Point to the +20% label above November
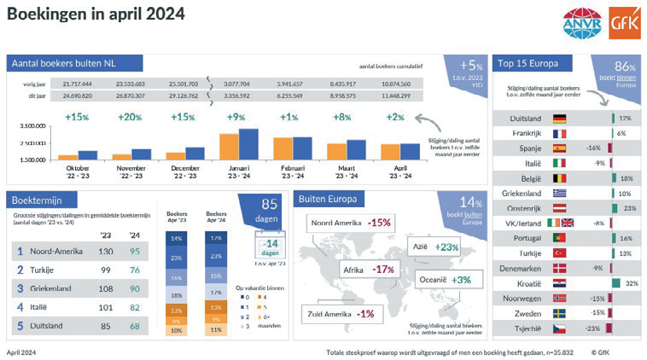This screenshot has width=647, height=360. pyautogui.click(x=131, y=117)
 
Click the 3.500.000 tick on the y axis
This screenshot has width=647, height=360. pyautogui.click(x=32, y=125)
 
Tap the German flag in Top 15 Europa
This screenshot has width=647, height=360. pyautogui.click(x=561, y=119)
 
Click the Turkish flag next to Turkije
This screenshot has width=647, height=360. pyautogui.click(x=561, y=253)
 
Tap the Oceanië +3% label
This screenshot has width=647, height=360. pyautogui.click(x=445, y=280)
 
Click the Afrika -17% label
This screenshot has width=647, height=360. pyautogui.click(x=367, y=269)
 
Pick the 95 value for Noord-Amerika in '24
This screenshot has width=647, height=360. pyautogui.click(x=134, y=251)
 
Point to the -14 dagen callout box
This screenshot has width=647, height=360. pyautogui.click(x=270, y=249)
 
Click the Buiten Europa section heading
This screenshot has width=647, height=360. pyautogui.click(x=329, y=200)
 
